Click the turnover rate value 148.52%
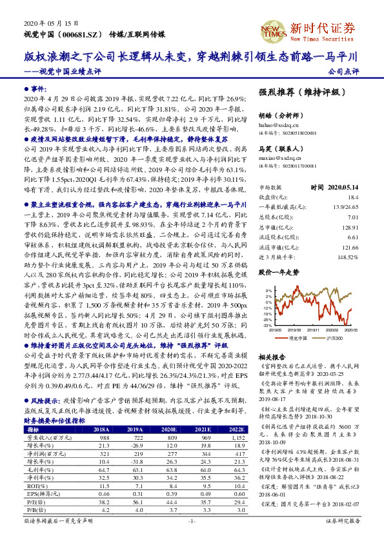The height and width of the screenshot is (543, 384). tap(347, 257)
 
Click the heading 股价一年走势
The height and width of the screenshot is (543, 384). tap(279, 273)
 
